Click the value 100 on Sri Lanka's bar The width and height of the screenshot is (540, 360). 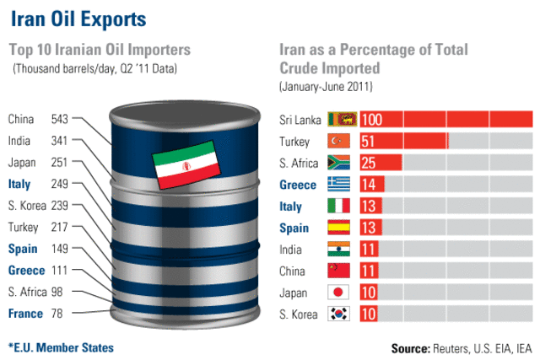(372, 120)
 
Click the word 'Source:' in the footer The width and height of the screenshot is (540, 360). (411, 347)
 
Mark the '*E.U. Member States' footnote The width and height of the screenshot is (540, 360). (61, 347)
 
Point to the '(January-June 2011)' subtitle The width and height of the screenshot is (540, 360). (326, 87)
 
